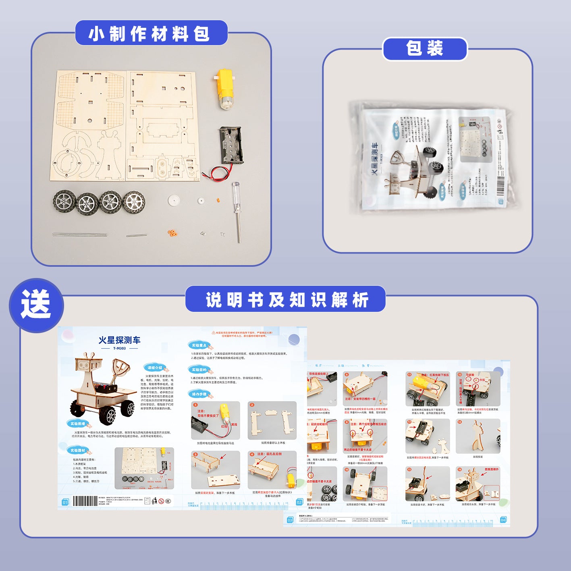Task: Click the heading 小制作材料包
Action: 151,33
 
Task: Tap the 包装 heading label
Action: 424,49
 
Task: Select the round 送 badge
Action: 36,305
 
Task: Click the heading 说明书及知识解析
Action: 285,299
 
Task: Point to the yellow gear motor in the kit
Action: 224,89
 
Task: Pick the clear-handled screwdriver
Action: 237,210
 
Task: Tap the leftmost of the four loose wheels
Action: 64,201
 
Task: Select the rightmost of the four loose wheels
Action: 133,201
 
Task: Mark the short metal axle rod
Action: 136,235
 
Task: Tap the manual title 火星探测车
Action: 119,340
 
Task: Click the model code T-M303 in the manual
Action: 119,349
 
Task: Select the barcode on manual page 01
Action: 85,501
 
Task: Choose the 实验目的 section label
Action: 199,370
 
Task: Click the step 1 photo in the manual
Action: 215,420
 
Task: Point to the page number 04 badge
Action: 503,520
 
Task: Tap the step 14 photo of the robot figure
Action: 478,436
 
